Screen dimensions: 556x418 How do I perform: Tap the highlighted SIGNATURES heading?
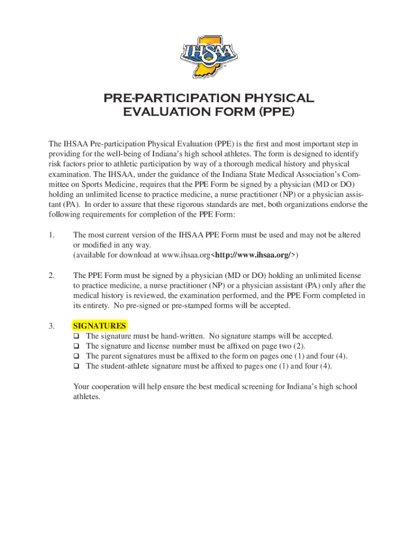click(x=100, y=326)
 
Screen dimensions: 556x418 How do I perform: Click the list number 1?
click(x=51, y=235)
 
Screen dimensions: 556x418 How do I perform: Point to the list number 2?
click(x=51, y=276)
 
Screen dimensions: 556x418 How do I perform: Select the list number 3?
click(x=51, y=326)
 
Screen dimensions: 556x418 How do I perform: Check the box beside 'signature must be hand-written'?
click(x=77, y=337)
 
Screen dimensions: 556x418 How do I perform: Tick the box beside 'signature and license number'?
click(x=77, y=346)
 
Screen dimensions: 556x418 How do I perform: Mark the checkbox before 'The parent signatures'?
click(x=77, y=356)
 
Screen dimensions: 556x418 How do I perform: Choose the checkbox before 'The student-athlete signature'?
click(x=77, y=366)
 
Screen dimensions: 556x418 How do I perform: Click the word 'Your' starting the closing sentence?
click(x=82, y=387)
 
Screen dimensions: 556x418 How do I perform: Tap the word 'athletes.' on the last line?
click(x=87, y=396)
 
